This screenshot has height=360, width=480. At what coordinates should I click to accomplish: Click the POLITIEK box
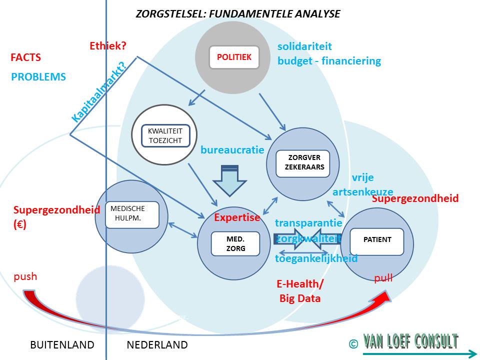[234, 57]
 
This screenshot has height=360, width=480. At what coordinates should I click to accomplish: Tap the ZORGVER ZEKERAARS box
[302, 163]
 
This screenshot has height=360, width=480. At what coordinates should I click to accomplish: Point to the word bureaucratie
[232, 150]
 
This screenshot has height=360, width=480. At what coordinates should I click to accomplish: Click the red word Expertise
[237, 217]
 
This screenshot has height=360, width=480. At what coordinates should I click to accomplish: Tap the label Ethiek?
[108, 46]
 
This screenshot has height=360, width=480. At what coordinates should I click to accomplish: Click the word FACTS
[25, 57]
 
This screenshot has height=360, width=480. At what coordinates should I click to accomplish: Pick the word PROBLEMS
[38, 77]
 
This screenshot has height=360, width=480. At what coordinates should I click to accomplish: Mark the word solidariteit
[304, 46]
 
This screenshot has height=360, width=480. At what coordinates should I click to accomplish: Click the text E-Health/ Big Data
[299, 291]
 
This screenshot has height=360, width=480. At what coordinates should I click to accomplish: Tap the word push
[25, 276]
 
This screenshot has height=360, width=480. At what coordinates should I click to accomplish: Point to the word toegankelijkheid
[316, 258]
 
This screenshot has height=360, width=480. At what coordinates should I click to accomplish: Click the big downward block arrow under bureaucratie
[230, 180]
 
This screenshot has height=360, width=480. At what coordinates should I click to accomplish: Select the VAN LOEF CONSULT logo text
[410, 342]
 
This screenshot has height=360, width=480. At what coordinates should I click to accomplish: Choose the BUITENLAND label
[62, 344]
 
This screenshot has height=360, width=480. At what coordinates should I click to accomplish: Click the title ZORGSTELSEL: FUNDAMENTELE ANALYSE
[238, 14]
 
